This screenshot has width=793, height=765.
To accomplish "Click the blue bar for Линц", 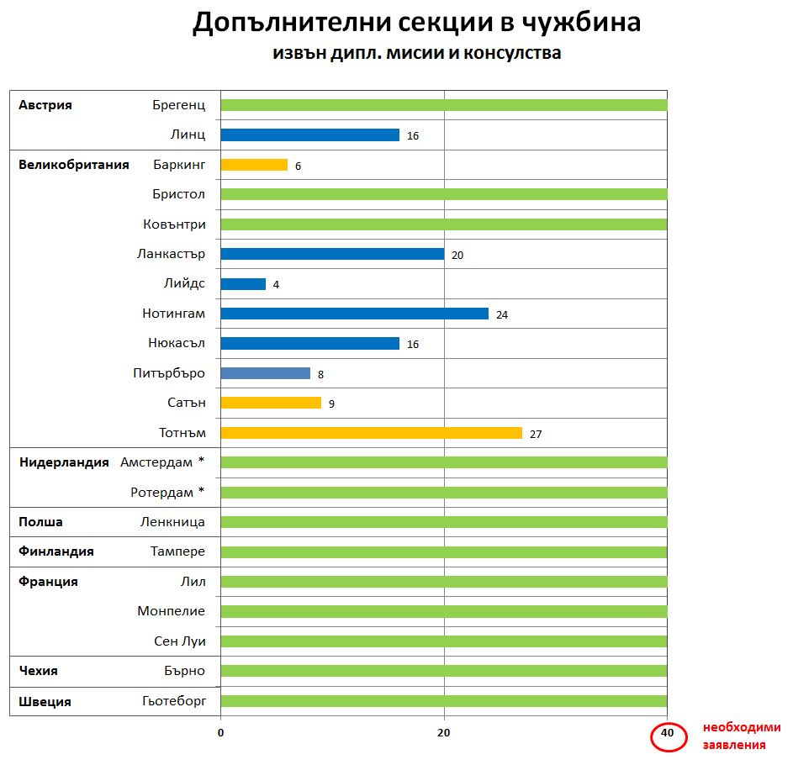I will tap(309, 135).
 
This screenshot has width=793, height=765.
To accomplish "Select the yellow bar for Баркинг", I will tap(254, 165).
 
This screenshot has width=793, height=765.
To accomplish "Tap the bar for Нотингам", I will tap(354, 314).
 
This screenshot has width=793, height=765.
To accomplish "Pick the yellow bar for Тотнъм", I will tap(371, 433).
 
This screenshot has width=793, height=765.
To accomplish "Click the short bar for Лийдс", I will tap(243, 284).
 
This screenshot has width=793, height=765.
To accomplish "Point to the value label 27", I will tap(536, 434).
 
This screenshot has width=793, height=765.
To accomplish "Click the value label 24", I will tap(502, 314).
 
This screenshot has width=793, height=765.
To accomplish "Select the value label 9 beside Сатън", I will tap(331, 404).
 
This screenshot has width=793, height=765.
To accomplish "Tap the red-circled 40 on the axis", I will tap(668, 733).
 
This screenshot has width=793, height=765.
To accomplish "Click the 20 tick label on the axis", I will tap(443, 733).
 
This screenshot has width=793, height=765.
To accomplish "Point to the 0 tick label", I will tap(220, 733).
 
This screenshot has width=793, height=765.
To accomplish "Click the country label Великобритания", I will tap(74, 165).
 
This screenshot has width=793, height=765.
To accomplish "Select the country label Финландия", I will tap(56, 551).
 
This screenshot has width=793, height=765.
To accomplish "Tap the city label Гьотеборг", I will tap(175, 701).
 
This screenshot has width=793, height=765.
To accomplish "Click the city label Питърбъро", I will tap(169, 373).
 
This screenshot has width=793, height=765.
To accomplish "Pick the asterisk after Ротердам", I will tap(201, 491).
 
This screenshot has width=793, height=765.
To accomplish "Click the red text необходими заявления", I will tap(742, 736).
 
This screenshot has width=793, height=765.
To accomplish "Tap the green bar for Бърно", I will tap(443, 671).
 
